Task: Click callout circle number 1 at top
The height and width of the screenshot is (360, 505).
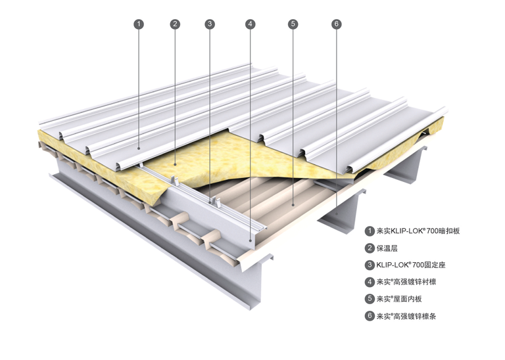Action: pos(139,24)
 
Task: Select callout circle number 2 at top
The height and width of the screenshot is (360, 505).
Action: pos(175,24)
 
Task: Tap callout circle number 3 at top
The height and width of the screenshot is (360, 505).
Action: pos(210,24)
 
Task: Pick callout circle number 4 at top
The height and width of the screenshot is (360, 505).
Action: pos(250,24)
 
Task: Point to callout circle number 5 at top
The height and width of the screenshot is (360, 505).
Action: pos(293,24)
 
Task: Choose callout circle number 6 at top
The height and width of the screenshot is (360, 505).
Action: pos(336,24)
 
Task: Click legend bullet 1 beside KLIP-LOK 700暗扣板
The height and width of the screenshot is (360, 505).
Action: pos(370,231)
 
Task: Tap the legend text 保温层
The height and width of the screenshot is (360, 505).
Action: pos(387,248)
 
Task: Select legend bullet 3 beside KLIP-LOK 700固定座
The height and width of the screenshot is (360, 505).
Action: pos(370,265)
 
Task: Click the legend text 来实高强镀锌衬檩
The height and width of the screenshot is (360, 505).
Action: pos(406,282)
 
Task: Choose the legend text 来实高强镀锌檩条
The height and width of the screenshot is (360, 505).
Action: pos(406,316)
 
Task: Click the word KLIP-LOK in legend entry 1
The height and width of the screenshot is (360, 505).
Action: pos(410,231)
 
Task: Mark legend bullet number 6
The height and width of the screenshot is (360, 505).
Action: pos(370,316)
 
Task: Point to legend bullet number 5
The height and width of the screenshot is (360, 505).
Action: pos(370,299)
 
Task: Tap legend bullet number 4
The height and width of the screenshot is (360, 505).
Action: pos(370,282)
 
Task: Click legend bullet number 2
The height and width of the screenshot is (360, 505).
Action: pos(370,248)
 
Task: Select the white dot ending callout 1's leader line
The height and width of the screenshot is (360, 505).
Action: pos(139,149)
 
